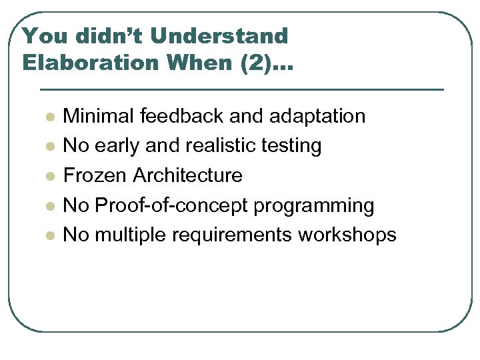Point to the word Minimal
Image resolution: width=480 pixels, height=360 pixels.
click(x=98, y=116)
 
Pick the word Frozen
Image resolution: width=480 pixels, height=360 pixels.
click(x=95, y=175)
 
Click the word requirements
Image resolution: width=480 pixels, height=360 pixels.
click(x=232, y=236)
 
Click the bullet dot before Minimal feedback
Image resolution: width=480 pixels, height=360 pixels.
click(x=49, y=117)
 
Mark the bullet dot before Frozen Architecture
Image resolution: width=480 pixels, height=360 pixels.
click(x=49, y=177)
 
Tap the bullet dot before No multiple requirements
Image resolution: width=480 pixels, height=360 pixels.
click(x=49, y=236)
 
